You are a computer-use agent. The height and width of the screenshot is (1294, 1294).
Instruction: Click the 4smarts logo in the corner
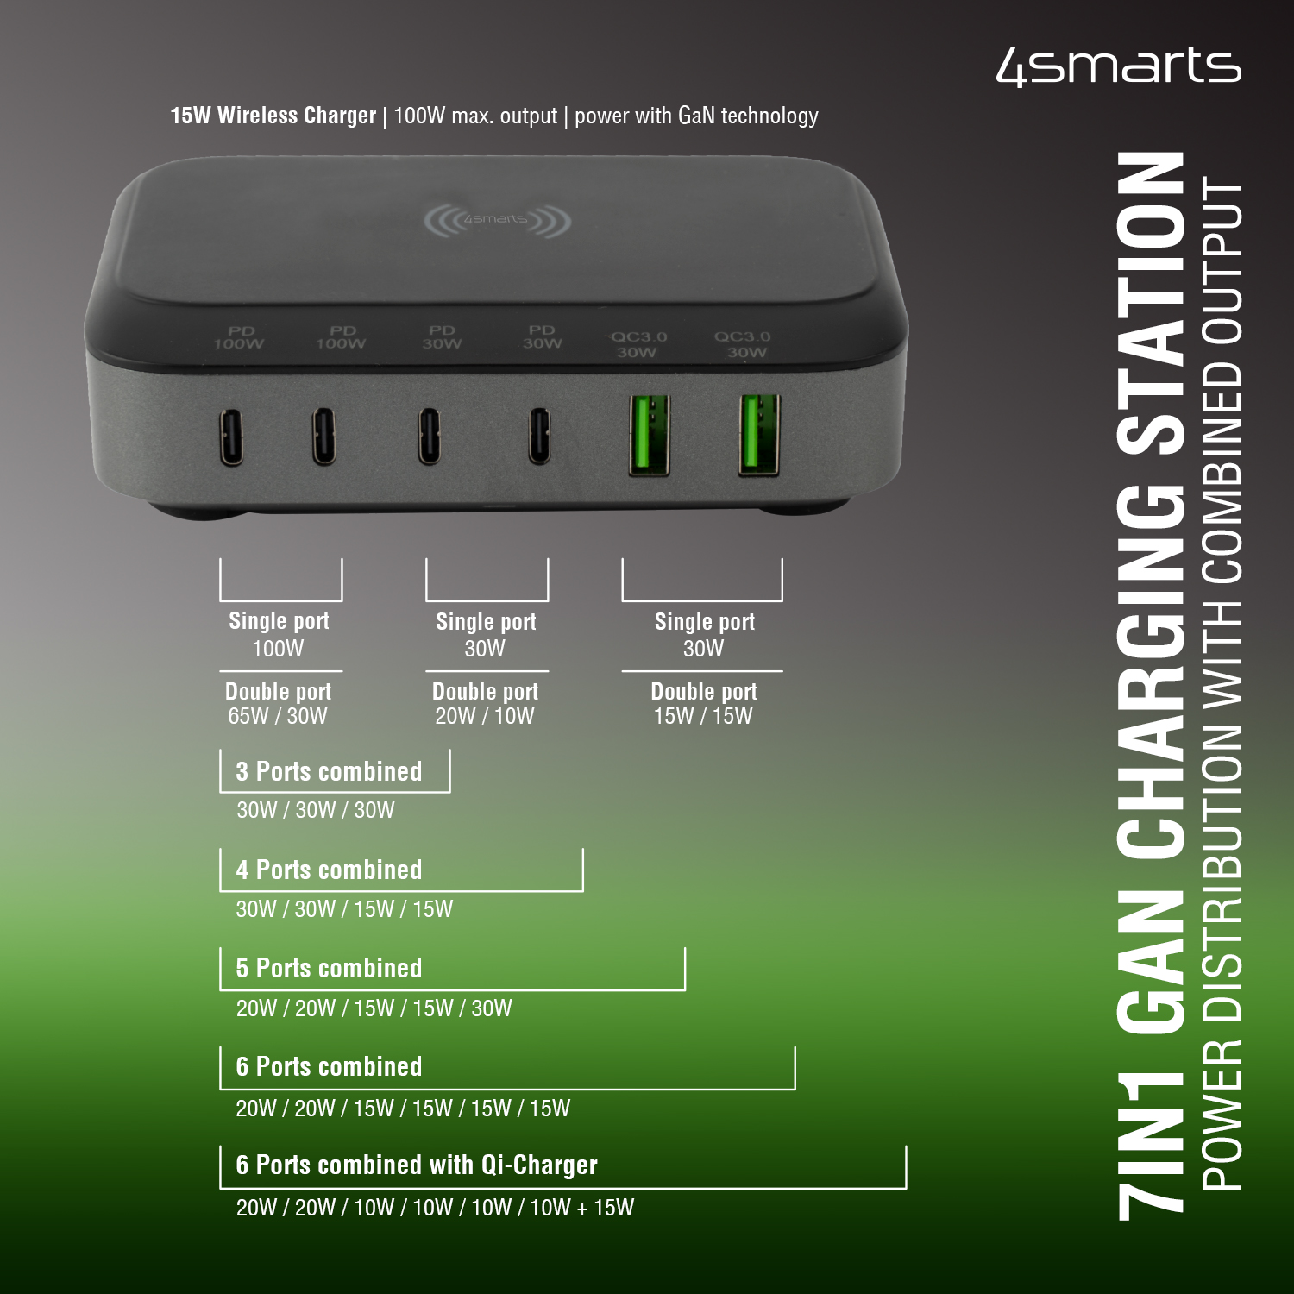point(1119,66)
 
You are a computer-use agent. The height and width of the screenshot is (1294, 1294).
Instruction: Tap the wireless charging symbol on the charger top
point(497,221)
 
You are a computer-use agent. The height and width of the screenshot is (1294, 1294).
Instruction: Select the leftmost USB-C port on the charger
point(231,437)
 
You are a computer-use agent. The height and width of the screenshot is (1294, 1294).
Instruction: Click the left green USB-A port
point(650,435)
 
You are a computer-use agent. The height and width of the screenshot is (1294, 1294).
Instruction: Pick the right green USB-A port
point(759,435)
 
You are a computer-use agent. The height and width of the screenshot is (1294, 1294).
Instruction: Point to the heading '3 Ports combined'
point(329,771)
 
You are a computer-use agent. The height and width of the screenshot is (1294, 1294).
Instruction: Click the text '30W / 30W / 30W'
point(316,810)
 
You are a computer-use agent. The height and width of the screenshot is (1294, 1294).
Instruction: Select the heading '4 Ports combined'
point(329,870)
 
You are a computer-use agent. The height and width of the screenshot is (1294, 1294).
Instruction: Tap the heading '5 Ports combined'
point(329,968)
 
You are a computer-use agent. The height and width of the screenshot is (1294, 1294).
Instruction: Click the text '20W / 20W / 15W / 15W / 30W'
point(374,1008)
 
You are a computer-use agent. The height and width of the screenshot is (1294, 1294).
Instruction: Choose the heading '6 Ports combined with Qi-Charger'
point(417,1165)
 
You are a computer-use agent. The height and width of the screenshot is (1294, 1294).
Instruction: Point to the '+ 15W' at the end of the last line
point(605,1208)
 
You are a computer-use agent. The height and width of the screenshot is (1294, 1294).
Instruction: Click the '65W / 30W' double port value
point(278,716)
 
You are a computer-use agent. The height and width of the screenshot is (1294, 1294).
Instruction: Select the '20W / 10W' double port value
point(485,716)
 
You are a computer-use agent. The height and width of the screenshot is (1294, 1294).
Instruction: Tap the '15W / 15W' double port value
point(703,716)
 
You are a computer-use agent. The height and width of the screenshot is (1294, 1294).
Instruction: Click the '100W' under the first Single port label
point(278,649)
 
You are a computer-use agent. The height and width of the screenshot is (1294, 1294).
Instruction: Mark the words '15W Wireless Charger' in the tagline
point(273,116)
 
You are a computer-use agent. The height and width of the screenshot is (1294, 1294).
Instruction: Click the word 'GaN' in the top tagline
point(697,115)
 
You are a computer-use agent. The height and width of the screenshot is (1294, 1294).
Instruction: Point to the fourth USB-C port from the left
point(540,436)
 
